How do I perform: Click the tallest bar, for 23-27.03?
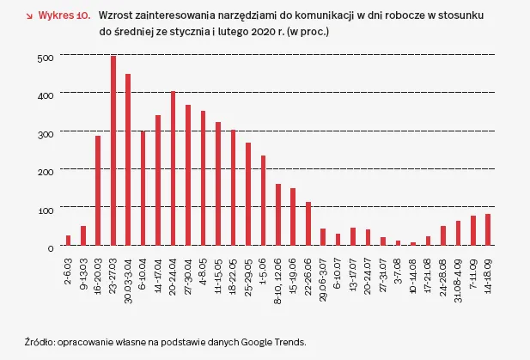tap(113, 151)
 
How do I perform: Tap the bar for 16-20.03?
tap(98, 191)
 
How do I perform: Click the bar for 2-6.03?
tap(69, 241)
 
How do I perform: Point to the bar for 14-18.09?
tap(487, 230)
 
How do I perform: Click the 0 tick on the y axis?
tap(51, 247)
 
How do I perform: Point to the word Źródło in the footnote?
tap(39, 341)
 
